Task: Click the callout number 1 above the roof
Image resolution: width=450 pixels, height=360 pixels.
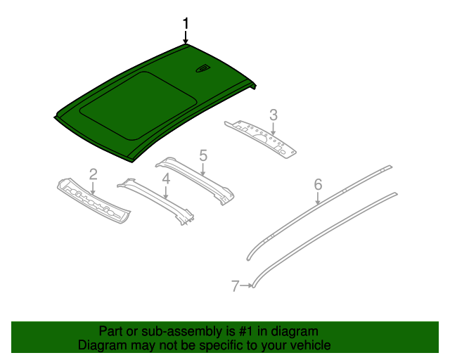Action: click(186, 23)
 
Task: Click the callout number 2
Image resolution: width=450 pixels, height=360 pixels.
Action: click(93, 174)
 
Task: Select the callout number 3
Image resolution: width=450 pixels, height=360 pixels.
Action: click(274, 115)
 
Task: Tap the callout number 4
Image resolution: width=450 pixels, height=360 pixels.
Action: click(166, 179)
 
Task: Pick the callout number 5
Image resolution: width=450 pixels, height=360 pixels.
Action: click(202, 155)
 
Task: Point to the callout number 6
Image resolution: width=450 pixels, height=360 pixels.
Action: click(318, 184)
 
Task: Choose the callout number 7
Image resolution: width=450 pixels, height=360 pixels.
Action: click(235, 285)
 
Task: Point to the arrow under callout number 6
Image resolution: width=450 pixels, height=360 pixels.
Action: click(318, 198)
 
